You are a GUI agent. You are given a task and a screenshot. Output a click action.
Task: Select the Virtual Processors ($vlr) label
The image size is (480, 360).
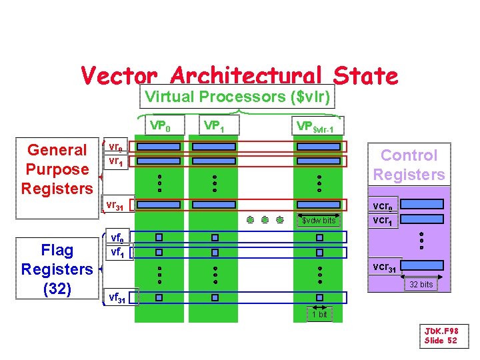coord(238,97)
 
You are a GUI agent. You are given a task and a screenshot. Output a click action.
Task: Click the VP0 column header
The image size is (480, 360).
coord(160,125)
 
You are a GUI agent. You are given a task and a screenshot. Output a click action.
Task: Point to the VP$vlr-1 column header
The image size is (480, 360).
coord(319,127)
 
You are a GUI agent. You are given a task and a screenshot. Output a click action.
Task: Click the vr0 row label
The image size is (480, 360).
coord(115,147)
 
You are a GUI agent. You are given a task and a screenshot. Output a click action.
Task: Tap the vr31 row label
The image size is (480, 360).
coord(115,206)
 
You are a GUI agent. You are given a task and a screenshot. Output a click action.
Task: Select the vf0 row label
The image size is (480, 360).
coord(117,237)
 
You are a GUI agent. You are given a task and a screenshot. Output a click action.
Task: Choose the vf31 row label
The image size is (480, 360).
coord(117,297)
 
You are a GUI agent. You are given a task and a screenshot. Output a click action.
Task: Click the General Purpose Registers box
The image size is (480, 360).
coord(57,169)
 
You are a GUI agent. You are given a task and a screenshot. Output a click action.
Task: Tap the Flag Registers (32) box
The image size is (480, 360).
coord(57,269)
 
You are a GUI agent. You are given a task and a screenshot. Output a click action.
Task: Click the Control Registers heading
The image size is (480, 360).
coord(409,165)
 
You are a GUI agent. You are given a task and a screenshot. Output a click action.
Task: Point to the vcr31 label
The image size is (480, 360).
coord(385,267)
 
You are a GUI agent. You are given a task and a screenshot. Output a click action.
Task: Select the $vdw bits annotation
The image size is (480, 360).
coord(319,220)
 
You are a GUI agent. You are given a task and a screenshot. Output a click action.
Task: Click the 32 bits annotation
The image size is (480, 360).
coord(421,285)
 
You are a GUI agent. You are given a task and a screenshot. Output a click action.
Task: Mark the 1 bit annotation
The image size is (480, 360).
coord(320,314)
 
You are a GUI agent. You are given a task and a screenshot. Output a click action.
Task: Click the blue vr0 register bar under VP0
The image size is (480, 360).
coord(159,147)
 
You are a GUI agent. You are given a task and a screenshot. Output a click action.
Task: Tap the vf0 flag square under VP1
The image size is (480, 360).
coord(215,237)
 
